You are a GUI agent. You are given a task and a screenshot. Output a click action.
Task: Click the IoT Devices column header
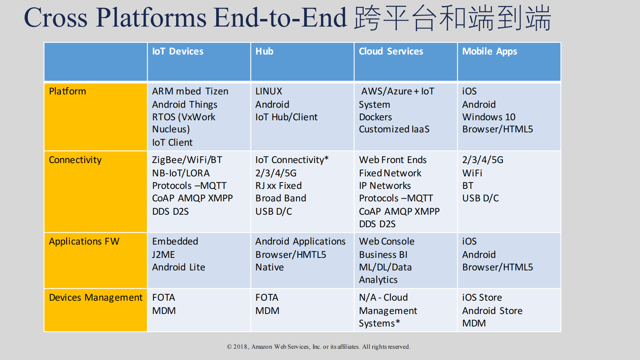tap(177, 52)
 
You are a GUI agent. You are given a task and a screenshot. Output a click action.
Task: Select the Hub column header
tap(264, 52)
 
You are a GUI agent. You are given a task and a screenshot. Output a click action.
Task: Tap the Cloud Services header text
tap(391, 52)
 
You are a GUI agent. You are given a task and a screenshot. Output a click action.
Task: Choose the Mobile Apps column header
tap(489, 52)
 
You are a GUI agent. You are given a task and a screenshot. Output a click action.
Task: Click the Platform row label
tap(67, 91)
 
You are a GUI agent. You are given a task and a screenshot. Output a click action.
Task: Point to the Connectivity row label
tap(75, 160)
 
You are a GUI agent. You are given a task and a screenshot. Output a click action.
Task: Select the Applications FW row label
tap(84, 241)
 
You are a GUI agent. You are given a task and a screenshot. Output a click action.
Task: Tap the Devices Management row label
tap(96, 297)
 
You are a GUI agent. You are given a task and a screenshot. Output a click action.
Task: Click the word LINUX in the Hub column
tap(269, 91)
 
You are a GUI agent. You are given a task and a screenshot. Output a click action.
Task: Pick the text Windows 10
tap(488, 117)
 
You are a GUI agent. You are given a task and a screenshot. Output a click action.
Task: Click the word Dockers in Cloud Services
tap(375, 117)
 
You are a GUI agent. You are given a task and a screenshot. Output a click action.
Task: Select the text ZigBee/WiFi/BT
tap(187, 160)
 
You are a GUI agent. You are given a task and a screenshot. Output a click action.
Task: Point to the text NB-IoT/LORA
tap(181, 173)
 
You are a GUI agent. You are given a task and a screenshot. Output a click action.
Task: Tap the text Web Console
tap(386, 241)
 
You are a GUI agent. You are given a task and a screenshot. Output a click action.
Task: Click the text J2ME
tap(163, 255)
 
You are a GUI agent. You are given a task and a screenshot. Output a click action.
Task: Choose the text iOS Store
tap(482, 297)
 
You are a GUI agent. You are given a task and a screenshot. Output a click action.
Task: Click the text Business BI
tap(383, 255)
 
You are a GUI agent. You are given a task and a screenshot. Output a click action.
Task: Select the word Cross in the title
tap(56, 18)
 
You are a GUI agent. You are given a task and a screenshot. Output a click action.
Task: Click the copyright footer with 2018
tap(319, 347)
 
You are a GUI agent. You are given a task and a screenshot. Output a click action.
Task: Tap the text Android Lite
tap(178, 267)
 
